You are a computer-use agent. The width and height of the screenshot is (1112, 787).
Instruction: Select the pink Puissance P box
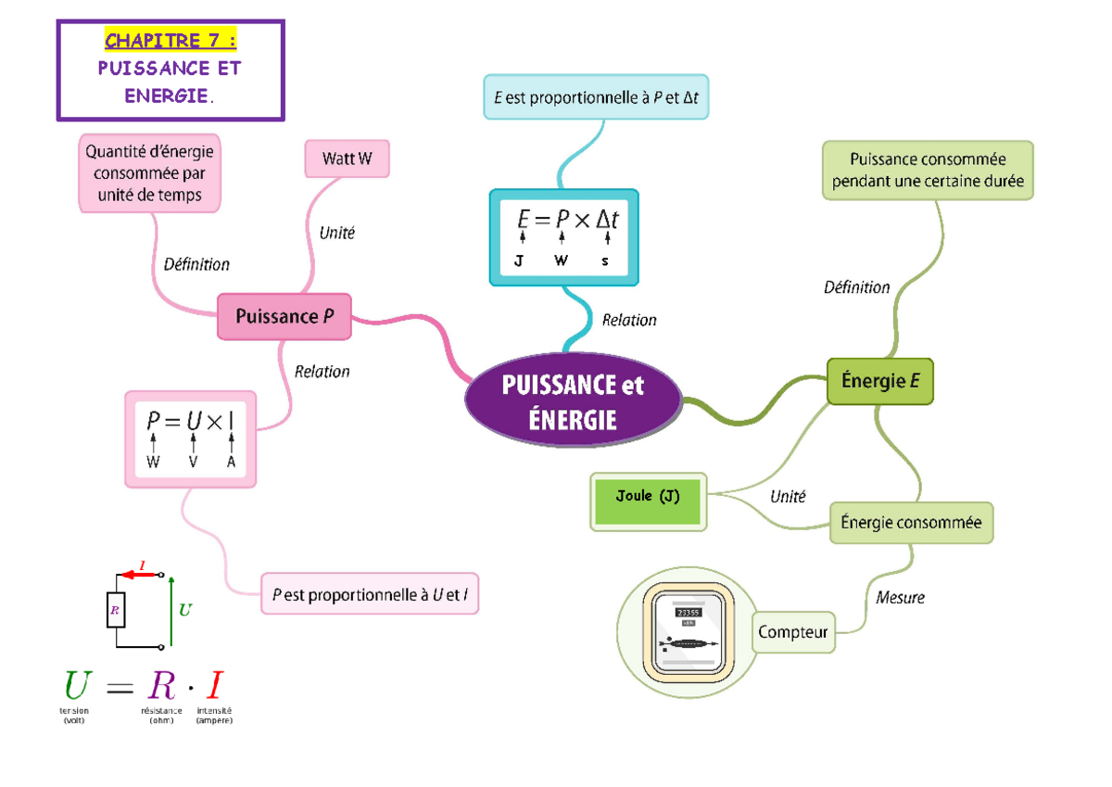[x=285, y=316]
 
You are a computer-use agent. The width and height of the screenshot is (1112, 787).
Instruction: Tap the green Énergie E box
[x=879, y=382]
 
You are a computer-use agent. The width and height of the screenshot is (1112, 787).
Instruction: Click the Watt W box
[x=347, y=159]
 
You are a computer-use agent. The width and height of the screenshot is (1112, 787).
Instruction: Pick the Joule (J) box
[x=648, y=501]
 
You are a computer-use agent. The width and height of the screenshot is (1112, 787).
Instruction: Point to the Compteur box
[x=793, y=632]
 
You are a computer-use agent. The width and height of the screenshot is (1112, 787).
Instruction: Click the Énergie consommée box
[x=911, y=523]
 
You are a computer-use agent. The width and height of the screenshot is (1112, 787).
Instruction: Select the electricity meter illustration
[x=688, y=632]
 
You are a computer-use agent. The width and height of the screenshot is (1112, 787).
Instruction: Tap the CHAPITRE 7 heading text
[x=170, y=41]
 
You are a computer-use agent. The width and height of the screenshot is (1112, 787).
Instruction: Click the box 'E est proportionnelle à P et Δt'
[x=596, y=97]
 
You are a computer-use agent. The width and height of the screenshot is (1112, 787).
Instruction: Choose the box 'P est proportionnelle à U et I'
[x=370, y=594]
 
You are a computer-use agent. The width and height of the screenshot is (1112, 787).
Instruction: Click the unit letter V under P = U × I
[x=193, y=462]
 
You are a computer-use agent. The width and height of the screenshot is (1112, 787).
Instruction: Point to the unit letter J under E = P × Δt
[x=519, y=261]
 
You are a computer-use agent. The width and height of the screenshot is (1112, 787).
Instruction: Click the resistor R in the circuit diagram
[x=116, y=609]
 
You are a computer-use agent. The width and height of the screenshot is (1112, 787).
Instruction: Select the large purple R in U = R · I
[x=161, y=687]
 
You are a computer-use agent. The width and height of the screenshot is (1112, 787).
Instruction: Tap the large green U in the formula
[x=78, y=687]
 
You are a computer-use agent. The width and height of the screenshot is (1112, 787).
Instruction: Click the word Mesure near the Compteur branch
[x=900, y=598]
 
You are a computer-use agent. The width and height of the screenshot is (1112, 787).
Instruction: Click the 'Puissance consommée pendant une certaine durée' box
[x=928, y=170]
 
